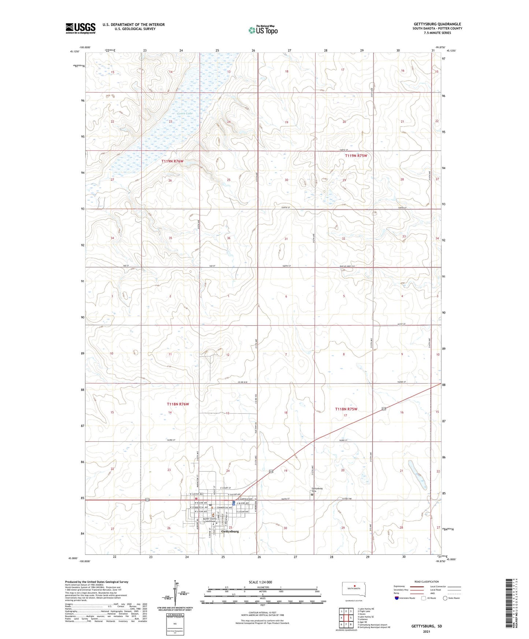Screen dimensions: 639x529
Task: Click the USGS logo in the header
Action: tap(80, 28)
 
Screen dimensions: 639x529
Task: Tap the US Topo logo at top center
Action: tap(262, 30)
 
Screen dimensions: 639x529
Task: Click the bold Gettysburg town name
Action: tap(230, 531)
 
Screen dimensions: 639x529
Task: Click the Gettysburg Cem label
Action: tap(317, 489)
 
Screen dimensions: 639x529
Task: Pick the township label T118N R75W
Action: tap(346, 409)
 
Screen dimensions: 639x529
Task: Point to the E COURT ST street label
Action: tap(226, 488)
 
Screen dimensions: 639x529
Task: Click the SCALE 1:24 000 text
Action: tap(260, 582)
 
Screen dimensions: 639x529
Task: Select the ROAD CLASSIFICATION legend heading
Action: tap(426, 582)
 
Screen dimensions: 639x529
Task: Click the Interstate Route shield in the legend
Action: tap(397, 598)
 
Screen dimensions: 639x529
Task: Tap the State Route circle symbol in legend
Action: tap(445, 598)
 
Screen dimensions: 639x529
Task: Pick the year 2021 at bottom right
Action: tap(426, 632)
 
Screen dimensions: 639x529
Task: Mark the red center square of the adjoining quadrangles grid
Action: tap(346, 618)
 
